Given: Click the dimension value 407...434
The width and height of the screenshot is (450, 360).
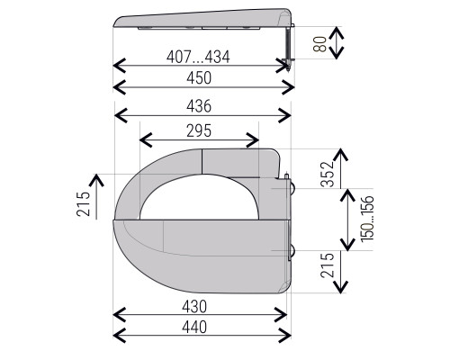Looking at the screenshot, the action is pos(198,57).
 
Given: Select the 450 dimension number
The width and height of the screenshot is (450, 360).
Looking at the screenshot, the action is pos(199,78).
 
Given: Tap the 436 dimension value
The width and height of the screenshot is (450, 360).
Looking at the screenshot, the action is pos(199,106).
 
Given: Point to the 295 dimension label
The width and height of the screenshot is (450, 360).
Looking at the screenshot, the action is pos(199,130).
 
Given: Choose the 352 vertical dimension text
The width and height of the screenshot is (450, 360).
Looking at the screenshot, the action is pos(328,174).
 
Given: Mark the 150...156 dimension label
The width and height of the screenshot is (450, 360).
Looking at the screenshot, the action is pos(367,219).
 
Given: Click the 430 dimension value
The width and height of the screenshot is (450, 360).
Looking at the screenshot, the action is pos(194,307).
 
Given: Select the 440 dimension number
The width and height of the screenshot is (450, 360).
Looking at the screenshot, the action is pos(194,327).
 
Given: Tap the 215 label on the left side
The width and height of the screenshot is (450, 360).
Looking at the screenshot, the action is pos(83,204).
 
